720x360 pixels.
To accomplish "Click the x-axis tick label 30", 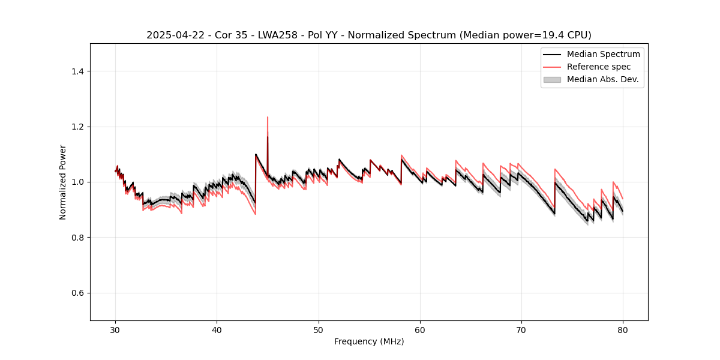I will coord(116,329).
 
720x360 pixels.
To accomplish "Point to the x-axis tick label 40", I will coord(217,329).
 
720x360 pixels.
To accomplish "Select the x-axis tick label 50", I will coord(319,329).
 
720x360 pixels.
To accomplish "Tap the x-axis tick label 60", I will coord(420,329).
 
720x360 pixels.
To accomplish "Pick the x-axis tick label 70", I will coord(521,329).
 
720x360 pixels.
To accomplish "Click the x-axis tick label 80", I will coord(623,329).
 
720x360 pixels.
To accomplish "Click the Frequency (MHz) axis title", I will coord(369,341).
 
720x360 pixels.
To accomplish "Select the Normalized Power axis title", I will coord(63,182).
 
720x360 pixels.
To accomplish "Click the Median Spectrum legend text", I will coord(603,54).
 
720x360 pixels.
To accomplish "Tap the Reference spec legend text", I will coord(599,67).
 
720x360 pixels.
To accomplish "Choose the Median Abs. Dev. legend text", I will coord(603,79).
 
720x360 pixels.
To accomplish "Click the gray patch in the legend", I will coord(552,79).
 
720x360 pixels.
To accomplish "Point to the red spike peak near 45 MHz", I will coord(268,117).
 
